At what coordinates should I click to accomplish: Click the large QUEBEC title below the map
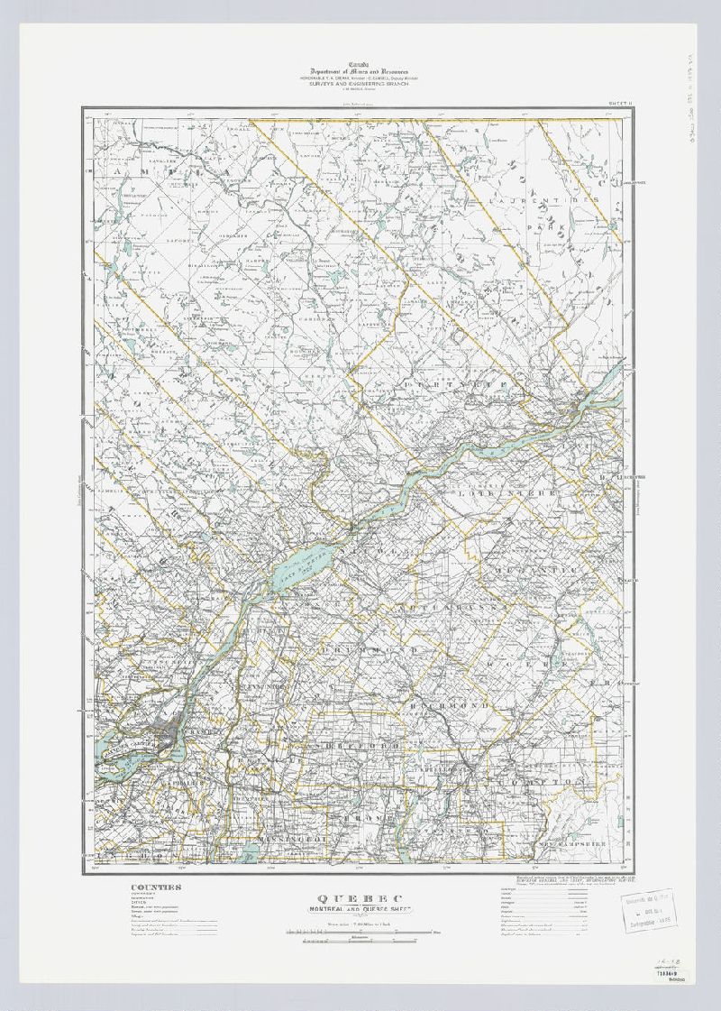click(x=360, y=899)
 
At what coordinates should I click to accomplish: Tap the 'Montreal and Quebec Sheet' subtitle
click(x=360, y=911)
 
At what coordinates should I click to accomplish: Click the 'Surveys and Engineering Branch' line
click(x=360, y=92)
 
